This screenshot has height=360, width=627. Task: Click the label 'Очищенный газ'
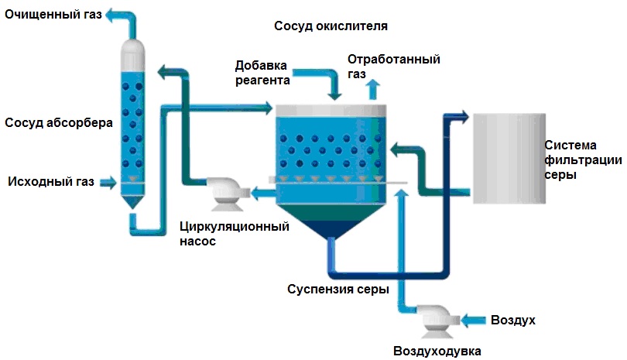(53, 15)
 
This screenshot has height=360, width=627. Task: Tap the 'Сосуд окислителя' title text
(331, 26)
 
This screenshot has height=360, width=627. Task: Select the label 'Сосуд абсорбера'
(59, 122)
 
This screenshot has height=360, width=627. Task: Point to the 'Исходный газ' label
(51, 182)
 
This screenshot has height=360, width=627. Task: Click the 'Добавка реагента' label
(262, 73)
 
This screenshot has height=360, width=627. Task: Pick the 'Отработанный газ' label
(393, 67)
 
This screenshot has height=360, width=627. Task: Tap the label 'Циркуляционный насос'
(235, 234)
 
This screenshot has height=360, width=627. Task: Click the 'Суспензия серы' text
(338, 289)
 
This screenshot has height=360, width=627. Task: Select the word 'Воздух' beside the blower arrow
(513, 320)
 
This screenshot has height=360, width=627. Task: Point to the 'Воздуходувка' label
(437, 351)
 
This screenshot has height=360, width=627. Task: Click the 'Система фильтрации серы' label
(583, 159)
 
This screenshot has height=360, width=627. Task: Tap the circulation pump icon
(226, 194)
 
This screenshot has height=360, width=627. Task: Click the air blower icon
(437, 321)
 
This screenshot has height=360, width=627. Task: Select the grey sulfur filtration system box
(509, 159)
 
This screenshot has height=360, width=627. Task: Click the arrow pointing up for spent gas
(373, 89)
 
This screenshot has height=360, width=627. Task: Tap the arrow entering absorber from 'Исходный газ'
(108, 183)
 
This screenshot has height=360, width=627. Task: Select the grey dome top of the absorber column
(133, 54)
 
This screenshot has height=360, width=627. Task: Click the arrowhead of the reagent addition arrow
(334, 97)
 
